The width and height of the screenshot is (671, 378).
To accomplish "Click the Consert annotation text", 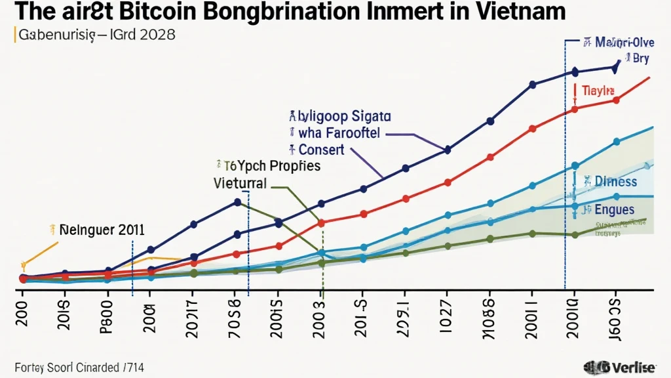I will (321, 150).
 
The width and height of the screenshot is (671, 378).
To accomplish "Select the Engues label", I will (614, 210).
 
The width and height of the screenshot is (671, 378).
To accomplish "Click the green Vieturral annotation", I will (240, 183).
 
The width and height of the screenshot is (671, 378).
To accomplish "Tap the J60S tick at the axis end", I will (613, 309).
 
